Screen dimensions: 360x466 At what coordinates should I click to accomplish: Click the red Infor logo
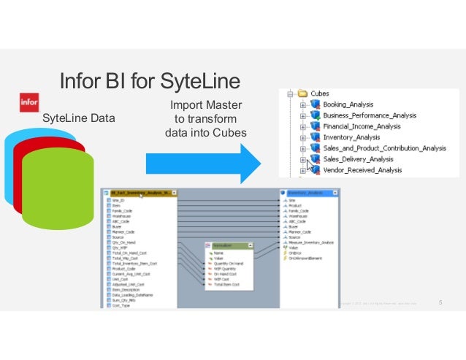click(x=29, y=102)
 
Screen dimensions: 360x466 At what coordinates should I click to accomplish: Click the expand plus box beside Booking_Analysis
click(x=303, y=105)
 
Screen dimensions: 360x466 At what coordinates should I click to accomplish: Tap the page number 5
click(x=440, y=302)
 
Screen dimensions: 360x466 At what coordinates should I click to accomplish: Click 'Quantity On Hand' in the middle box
click(x=234, y=263)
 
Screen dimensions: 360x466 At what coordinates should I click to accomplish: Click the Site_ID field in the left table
click(x=118, y=200)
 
